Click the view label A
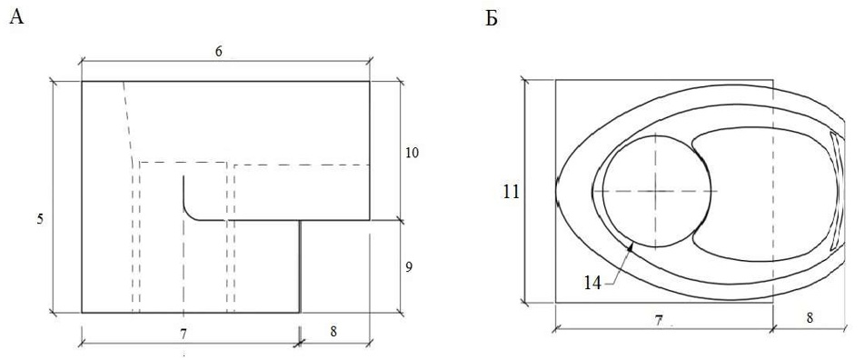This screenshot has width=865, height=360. [16, 17]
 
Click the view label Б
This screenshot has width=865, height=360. [492, 18]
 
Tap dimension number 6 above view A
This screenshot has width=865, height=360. [218, 51]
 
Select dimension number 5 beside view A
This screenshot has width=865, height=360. [40, 219]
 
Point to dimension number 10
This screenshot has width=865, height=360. [412, 153]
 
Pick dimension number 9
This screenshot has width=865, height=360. [409, 266]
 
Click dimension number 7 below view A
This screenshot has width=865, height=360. [184, 333]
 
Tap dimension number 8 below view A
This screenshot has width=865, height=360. [333, 332]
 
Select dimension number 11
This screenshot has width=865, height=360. [512, 192]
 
